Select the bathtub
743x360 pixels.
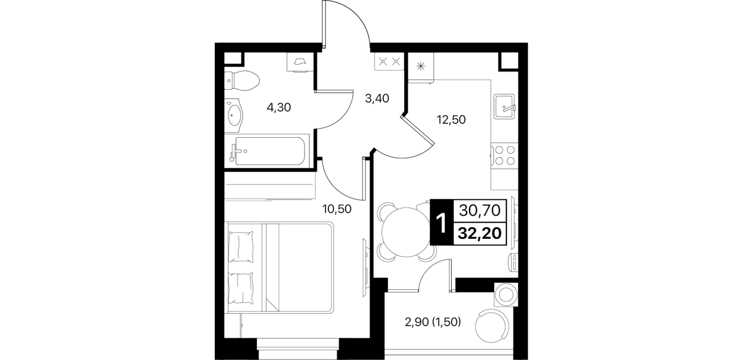(x=267, y=151)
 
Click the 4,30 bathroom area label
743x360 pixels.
(x=279, y=107)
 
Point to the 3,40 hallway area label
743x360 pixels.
(x=377, y=98)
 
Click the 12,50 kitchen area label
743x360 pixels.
(x=451, y=119)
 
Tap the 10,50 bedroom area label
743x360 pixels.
(x=337, y=209)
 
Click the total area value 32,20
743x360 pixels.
(x=480, y=234)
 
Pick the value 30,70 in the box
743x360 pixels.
(x=480, y=210)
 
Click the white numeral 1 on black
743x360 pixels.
(x=441, y=222)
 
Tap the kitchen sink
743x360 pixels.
(x=504, y=106)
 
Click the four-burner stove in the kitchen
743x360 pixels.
(x=504, y=155)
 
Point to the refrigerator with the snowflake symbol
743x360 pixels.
(x=421, y=67)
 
